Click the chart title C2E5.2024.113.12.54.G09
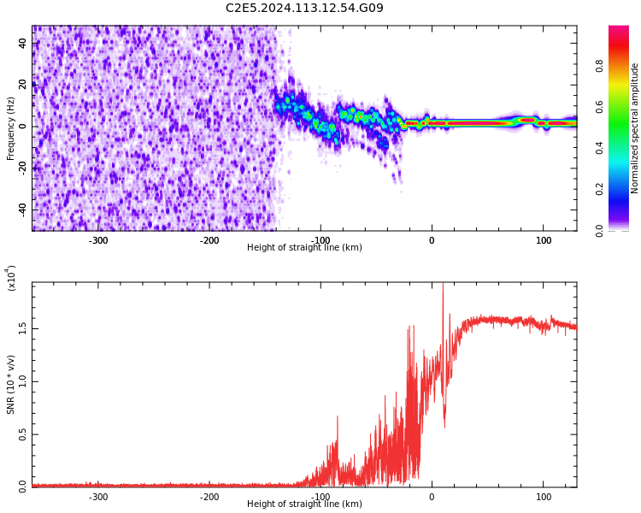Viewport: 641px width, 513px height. [x=304, y=9]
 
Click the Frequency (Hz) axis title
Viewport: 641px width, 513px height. [x=11, y=128]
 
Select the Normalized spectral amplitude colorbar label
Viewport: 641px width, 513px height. [x=635, y=128]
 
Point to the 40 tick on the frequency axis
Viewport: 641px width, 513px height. [x=23, y=43]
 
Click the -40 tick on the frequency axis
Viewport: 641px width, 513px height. [x=23, y=209]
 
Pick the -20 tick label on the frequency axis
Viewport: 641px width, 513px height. [x=23, y=168]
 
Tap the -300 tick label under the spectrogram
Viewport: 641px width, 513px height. [x=98, y=240]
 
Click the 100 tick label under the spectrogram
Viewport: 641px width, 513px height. [x=544, y=240]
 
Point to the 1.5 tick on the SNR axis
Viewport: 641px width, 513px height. [x=23, y=328]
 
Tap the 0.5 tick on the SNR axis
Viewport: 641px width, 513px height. [x=23, y=433]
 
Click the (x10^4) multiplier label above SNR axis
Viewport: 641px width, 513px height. [x=11, y=278]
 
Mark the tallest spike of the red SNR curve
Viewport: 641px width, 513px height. [x=443, y=286]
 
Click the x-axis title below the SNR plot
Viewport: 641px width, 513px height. [x=304, y=504]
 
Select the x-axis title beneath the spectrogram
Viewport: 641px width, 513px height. [x=304, y=248]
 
